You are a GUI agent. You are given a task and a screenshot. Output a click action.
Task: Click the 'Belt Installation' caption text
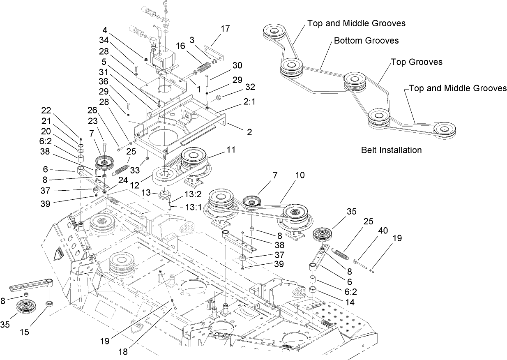coord(391,150)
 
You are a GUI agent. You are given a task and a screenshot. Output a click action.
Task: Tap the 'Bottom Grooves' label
coord(366,41)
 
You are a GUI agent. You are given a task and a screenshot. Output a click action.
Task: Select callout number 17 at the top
coord(225,29)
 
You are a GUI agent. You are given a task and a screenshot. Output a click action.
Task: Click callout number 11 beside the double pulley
coord(231,150)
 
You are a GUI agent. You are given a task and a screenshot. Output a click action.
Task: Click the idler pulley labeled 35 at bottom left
coord(28,306)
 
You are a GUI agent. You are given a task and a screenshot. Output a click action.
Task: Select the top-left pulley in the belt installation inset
coord(273,32)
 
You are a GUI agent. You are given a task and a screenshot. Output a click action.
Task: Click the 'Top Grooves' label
coord(416,62)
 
